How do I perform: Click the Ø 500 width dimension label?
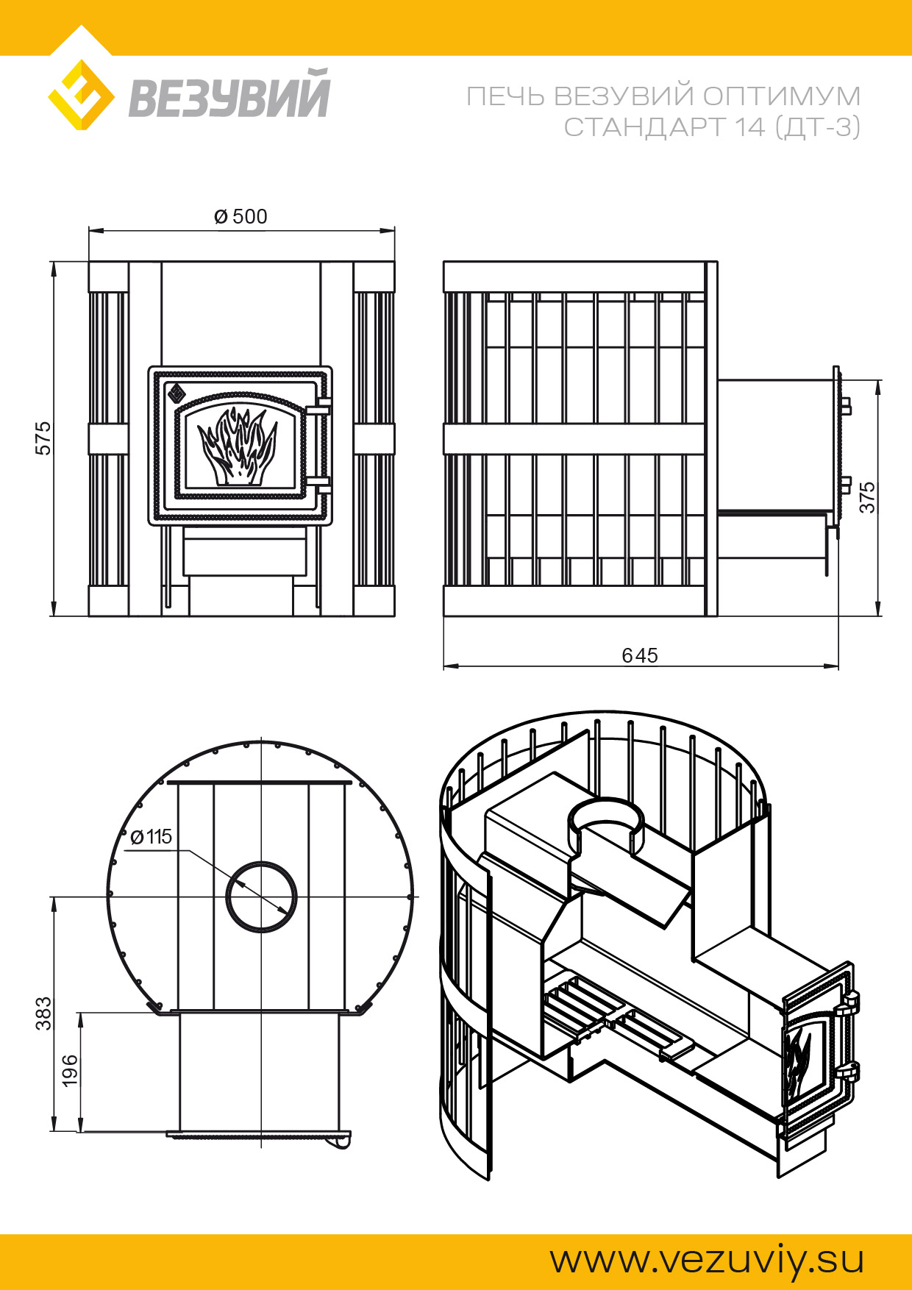point(241,217)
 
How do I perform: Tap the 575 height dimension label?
point(43,438)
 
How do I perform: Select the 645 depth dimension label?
point(640,655)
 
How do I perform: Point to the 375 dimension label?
point(868,498)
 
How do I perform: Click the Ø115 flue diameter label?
point(151,837)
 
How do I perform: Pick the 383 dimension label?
point(43,1013)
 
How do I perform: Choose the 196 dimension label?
point(69,1071)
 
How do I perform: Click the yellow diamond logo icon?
point(81,96)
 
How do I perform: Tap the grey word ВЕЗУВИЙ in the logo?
point(229,93)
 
